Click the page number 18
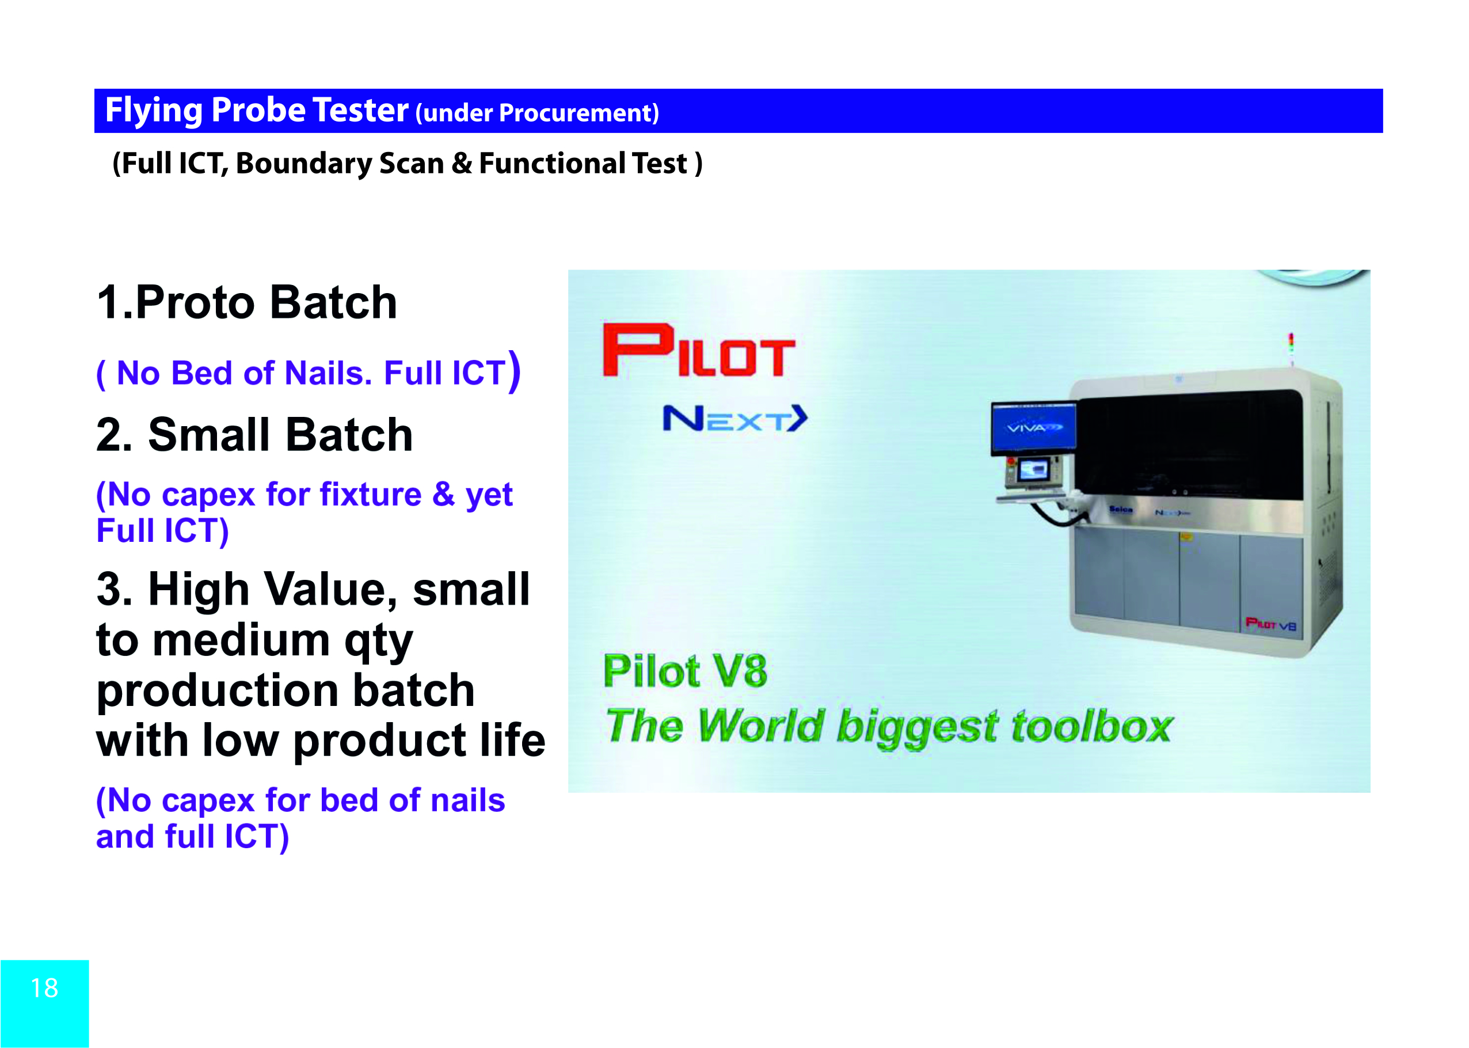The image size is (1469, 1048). coord(44,988)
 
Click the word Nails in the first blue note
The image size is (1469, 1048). coord(328,373)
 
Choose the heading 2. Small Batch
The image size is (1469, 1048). coord(254,434)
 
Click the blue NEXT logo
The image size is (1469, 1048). coord(735,419)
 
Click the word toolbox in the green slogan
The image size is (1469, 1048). coord(1091,727)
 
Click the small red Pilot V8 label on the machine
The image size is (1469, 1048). coord(1270,624)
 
